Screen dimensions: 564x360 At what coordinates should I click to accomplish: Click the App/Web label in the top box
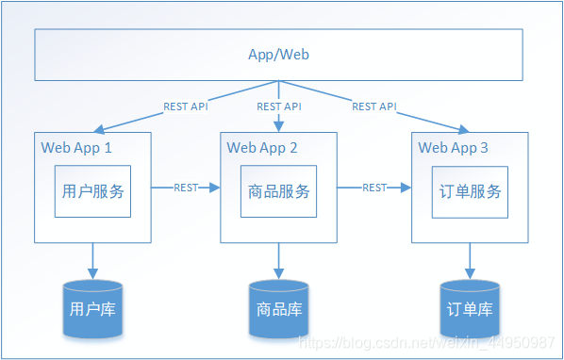point(278,55)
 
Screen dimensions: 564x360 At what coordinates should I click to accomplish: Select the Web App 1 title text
point(76,148)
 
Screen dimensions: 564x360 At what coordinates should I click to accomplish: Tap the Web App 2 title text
point(262,148)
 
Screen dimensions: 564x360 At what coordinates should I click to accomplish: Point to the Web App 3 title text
point(453,148)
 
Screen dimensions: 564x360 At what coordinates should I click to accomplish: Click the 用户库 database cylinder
point(92,309)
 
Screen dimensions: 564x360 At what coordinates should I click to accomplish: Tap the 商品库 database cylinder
point(279,309)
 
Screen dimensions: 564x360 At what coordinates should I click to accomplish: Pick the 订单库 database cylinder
point(470,309)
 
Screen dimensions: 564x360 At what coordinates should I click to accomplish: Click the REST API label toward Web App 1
point(186,106)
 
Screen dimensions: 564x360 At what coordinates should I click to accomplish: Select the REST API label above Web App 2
point(279,106)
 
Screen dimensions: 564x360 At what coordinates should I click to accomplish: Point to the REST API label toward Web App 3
point(374,106)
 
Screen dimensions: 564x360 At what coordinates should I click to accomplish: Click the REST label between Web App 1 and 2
point(186,188)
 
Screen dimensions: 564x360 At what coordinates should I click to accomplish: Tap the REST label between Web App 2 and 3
point(374,188)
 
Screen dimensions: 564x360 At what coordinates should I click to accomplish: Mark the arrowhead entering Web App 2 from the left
point(215,188)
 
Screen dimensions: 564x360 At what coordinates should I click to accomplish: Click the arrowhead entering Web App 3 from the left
point(406,188)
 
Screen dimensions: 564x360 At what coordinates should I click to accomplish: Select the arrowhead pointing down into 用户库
point(92,274)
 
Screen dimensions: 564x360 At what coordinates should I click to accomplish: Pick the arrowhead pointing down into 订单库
point(470,274)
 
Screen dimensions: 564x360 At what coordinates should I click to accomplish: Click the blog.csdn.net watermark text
point(426,343)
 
